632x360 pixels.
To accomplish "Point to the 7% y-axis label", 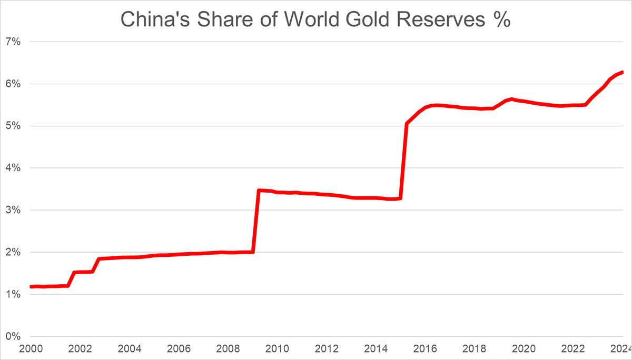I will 13,42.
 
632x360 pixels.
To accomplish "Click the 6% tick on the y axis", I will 13,84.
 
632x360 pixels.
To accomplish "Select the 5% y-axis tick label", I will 13,126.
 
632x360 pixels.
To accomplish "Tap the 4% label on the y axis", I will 13,168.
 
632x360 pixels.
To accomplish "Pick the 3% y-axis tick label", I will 13,210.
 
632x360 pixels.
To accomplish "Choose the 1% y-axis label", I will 13,294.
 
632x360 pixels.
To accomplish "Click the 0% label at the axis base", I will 13,336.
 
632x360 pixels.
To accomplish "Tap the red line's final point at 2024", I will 622,72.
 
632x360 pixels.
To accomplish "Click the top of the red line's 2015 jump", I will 407,124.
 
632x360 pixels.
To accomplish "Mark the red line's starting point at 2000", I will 31,287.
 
